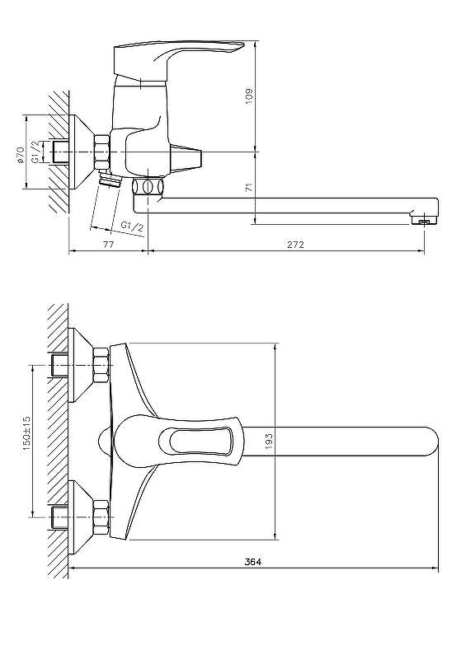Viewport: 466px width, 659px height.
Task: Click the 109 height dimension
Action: [249, 96]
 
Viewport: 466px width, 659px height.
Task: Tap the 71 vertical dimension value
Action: [250, 187]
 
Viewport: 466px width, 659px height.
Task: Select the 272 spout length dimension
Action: [295, 245]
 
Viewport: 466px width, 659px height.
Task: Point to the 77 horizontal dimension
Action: [108, 245]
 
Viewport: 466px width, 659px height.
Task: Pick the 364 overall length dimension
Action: [253, 562]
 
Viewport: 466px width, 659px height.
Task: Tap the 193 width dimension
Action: [269, 442]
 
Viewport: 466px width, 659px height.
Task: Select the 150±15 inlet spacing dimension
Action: [26, 434]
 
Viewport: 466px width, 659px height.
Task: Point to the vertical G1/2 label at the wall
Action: [36, 152]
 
